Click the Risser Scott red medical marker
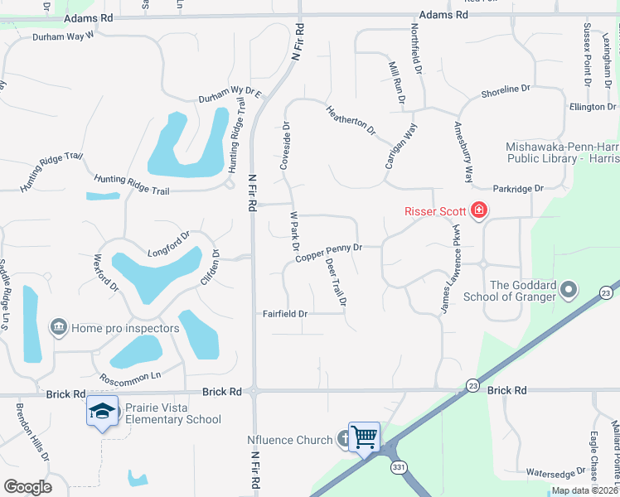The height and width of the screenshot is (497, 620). [x=478, y=211]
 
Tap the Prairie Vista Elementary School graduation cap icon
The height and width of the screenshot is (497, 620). [x=102, y=411]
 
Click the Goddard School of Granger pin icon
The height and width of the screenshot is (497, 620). [x=569, y=290]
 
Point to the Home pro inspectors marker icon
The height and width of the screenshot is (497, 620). [x=59, y=328]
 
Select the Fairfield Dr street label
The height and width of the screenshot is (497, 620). [x=285, y=314]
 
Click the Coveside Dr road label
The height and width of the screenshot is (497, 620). [x=284, y=147]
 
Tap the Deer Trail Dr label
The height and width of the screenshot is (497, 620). [x=336, y=282]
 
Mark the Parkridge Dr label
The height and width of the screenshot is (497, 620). [x=518, y=189]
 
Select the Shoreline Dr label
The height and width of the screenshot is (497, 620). [x=505, y=89]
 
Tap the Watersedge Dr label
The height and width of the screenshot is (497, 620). [x=555, y=473]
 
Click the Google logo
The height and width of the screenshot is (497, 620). [x=27, y=487]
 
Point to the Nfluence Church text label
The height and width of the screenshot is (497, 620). [x=289, y=440]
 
